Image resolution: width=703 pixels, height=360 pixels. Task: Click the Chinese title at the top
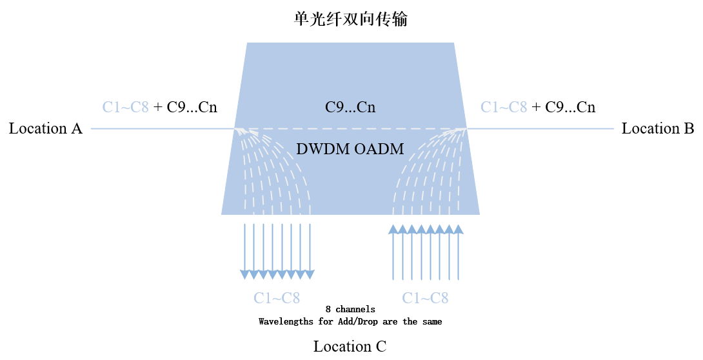click(350, 19)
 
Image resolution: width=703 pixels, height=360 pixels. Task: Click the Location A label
click(46, 128)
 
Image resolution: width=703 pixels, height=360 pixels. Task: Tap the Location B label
click(658, 128)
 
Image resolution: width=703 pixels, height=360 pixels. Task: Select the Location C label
click(350, 346)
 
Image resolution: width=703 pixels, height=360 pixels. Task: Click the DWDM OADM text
click(350, 149)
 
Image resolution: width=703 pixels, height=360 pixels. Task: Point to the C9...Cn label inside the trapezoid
click(350, 107)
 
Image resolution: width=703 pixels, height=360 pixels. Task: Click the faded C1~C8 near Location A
click(126, 107)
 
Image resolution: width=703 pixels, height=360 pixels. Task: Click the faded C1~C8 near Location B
click(504, 107)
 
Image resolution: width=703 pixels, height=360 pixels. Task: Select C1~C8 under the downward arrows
click(277, 298)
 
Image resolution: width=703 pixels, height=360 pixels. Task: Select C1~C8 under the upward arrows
click(425, 298)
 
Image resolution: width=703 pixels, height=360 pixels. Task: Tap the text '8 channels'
click(350, 310)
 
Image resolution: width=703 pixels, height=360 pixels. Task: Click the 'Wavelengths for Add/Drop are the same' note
click(350, 321)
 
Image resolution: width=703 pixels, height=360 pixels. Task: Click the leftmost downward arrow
click(245, 252)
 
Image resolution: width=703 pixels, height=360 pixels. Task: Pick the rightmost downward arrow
click(310, 252)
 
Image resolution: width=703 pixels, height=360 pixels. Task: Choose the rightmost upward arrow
click(459, 252)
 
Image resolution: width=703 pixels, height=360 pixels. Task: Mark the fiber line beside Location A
click(161, 129)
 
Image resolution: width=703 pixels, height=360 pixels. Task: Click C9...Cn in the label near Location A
click(192, 107)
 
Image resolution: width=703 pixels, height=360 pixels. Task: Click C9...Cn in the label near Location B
click(570, 107)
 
